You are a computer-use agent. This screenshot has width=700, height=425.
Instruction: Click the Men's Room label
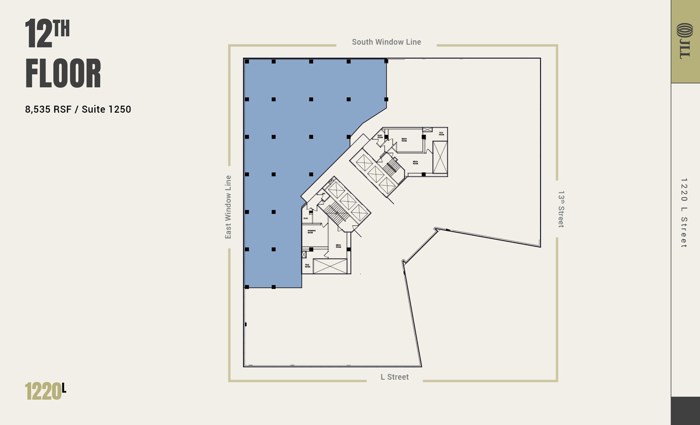[x=404, y=140]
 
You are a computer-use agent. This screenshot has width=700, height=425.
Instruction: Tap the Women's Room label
[x=311, y=231]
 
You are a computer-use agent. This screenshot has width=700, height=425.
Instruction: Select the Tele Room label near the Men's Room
[x=441, y=134]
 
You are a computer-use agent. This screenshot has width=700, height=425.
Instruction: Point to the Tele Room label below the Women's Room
[x=308, y=265]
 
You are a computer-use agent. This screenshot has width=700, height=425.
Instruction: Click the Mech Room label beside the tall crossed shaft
[x=415, y=163]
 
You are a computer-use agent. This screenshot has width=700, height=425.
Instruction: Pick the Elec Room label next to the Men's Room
[x=380, y=136]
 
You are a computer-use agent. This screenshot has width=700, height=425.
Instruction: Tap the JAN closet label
[x=323, y=194]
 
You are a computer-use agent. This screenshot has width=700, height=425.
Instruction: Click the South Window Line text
[x=386, y=42]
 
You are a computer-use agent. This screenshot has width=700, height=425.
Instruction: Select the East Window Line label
[x=228, y=207]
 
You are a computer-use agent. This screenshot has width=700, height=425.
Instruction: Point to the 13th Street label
[x=561, y=209]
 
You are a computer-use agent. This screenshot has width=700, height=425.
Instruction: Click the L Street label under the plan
[x=394, y=377]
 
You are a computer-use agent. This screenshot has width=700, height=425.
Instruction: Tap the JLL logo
[x=685, y=41]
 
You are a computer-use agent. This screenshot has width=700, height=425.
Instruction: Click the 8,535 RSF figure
[x=48, y=109]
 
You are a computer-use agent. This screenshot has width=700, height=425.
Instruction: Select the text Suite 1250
[x=106, y=109]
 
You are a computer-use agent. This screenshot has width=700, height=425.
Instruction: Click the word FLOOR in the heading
[x=63, y=74]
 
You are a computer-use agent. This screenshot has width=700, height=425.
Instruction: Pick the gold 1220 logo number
[x=43, y=391]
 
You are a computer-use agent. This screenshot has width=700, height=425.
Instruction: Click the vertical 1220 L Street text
[x=684, y=213]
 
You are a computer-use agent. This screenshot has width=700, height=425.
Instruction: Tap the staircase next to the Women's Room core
[x=336, y=214]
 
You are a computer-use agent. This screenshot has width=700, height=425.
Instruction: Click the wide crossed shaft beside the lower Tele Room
[x=330, y=266]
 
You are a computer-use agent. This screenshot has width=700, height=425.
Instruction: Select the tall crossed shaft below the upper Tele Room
[x=440, y=158]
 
